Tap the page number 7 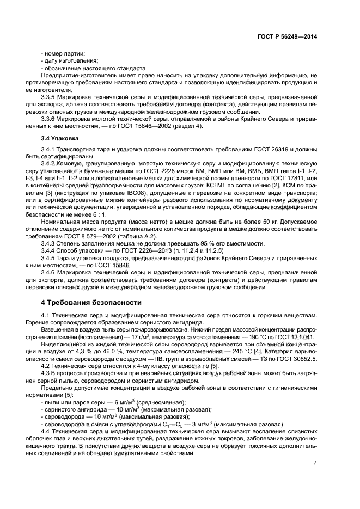click(315, 463)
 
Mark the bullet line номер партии click(63, 54)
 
